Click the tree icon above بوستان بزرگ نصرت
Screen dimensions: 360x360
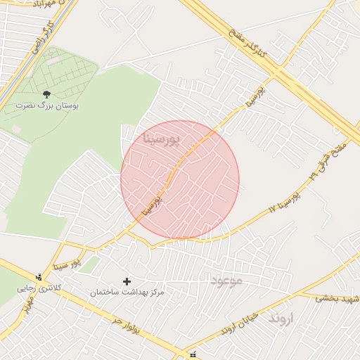pos(46,94)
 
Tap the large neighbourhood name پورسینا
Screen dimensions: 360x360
pos(162,139)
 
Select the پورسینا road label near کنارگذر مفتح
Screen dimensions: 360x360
pos(255,98)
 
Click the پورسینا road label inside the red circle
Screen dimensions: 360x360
pos(152,205)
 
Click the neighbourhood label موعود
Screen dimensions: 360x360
pos(226,281)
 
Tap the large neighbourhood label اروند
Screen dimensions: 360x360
pos(285,319)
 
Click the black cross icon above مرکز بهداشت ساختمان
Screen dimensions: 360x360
pos(127,281)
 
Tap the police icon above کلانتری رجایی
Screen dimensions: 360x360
pos(38,277)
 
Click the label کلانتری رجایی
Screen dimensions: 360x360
pos(35,288)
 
